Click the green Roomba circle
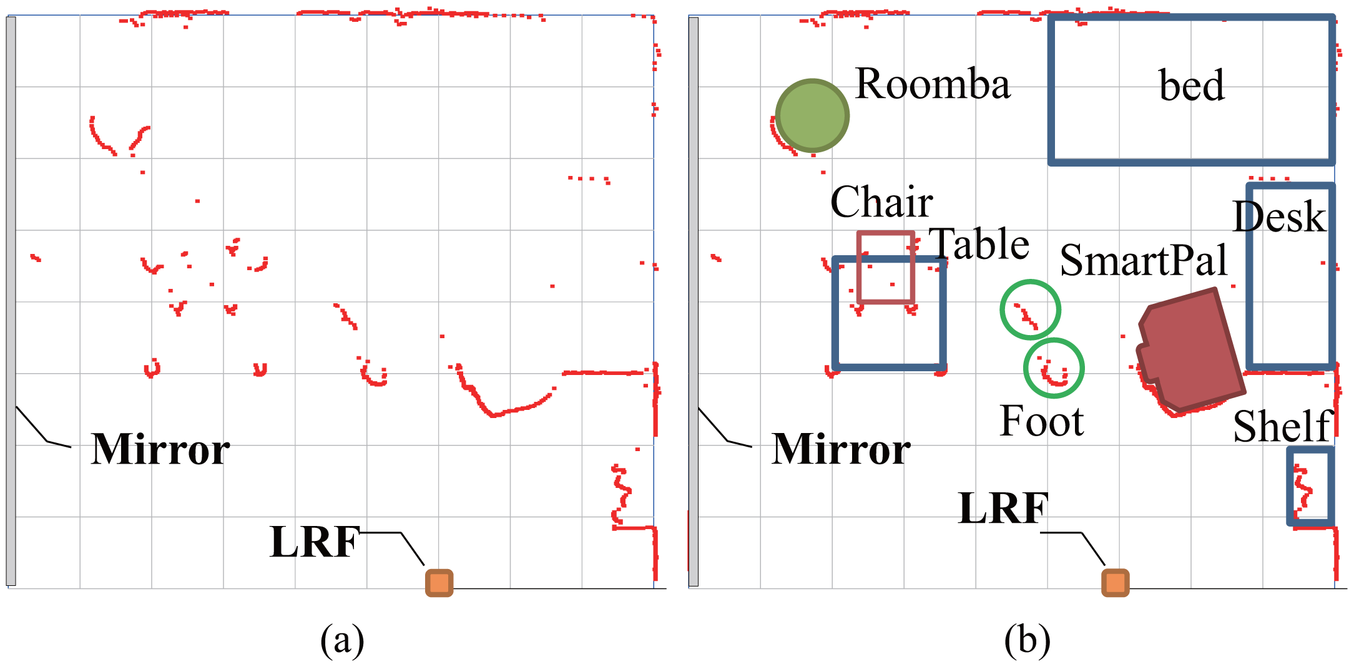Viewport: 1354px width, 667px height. point(812,115)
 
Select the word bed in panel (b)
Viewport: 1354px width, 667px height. point(1191,85)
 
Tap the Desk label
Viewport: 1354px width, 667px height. point(1279,217)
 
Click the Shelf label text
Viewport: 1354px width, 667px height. point(1283,427)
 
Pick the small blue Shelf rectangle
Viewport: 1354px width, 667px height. point(1311,486)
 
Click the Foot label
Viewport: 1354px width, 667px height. point(1042,421)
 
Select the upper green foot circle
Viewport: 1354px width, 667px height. point(1030,309)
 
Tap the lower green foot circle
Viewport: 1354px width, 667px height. point(1054,368)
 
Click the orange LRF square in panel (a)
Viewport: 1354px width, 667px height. point(439,583)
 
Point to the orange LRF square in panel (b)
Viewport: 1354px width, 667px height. point(1116,583)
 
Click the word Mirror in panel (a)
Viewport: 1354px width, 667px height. point(160,449)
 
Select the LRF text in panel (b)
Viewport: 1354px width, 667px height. point(1003,508)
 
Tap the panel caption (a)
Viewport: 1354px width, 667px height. point(341,640)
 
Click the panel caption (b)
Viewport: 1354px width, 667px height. point(1028,640)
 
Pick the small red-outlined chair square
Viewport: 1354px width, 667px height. point(886,268)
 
